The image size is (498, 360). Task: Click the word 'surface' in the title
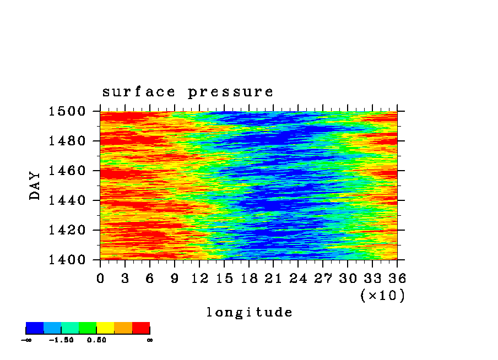138,92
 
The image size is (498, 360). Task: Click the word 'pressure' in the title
230,92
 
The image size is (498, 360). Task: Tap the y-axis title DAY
35,186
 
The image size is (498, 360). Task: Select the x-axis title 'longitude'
250,312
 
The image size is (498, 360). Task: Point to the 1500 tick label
67,111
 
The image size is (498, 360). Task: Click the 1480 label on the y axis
67,140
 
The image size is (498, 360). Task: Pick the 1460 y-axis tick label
67,171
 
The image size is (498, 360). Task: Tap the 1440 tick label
67,200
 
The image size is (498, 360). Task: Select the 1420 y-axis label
67,230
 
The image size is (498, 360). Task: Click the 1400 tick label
67,260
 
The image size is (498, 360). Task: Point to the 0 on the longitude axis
100,279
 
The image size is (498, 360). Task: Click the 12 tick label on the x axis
199,279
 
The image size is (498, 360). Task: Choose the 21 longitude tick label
273,279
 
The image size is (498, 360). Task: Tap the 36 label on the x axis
397,279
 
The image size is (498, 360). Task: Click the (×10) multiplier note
383,296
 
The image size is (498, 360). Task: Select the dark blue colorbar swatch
35,328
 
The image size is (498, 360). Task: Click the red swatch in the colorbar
141,328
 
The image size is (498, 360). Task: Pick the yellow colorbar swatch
105,328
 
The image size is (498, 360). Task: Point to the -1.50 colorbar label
61,340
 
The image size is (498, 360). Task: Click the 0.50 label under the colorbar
96,340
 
